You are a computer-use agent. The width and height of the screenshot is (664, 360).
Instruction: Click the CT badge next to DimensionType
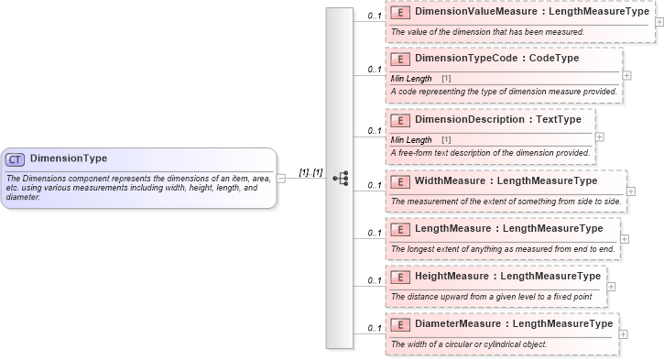click(x=16, y=159)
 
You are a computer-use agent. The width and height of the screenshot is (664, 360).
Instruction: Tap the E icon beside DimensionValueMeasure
click(x=399, y=14)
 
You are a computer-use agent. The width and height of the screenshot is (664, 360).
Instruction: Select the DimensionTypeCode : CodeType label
click(x=496, y=59)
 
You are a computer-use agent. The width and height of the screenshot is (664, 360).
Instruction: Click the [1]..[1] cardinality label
click(x=310, y=172)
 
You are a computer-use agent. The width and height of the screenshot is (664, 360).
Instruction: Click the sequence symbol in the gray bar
click(x=341, y=179)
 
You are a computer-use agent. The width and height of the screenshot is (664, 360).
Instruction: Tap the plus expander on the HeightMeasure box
click(x=611, y=287)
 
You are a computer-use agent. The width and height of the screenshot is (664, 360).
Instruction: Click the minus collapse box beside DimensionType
click(x=281, y=179)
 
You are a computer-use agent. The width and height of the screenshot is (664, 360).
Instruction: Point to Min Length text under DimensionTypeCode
click(x=411, y=78)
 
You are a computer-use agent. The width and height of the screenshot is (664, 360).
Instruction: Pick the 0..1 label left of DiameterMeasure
click(x=375, y=328)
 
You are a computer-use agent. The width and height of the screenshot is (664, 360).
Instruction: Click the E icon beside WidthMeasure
click(x=399, y=180)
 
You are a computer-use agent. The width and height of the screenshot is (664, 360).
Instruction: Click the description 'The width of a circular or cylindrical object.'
click(x=469, y=344)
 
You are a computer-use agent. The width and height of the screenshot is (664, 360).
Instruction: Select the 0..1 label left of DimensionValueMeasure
click(x=375, y=16)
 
